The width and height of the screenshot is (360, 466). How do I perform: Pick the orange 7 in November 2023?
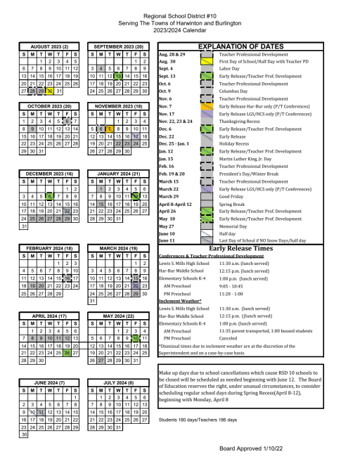point(110,129)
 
